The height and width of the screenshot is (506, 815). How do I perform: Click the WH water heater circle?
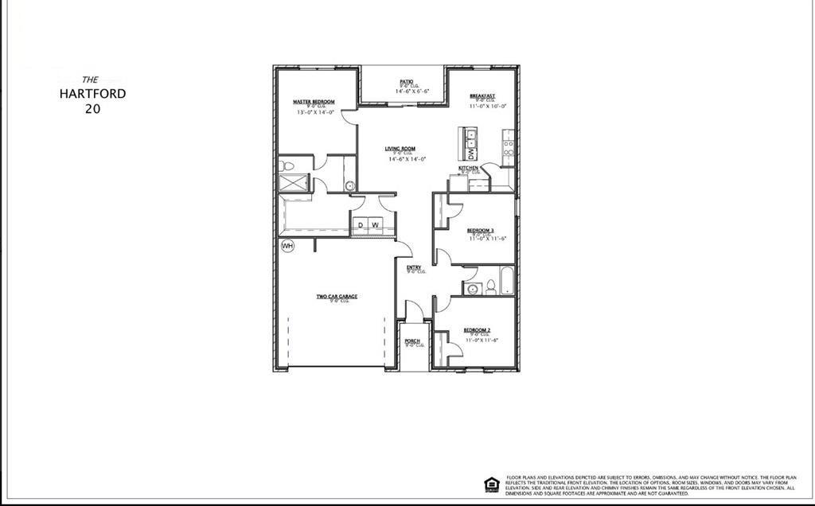(287, 246)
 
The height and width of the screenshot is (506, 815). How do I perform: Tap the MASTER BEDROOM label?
(314, 102)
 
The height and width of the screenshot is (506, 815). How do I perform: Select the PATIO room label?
(406, 81)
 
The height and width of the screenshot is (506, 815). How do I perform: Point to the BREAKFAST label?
(482, 95)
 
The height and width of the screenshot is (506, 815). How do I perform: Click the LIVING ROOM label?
(400, 149)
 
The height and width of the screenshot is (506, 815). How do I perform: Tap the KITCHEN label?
(468, 169)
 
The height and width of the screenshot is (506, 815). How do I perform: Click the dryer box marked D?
(361, 225)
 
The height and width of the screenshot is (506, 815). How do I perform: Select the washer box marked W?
(375, 225)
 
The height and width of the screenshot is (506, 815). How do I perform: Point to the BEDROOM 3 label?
(480, 230)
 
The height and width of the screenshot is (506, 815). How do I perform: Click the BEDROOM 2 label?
(477, 329)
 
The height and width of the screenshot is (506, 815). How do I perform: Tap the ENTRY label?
(414, 267)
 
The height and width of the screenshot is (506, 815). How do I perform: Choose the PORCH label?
(412, 341)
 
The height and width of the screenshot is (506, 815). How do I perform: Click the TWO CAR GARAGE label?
(337, 297)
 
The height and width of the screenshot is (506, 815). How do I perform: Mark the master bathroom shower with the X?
(295, 182)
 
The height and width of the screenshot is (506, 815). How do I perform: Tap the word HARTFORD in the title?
(92, 93)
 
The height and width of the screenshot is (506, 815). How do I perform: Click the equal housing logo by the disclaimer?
(492, 484)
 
